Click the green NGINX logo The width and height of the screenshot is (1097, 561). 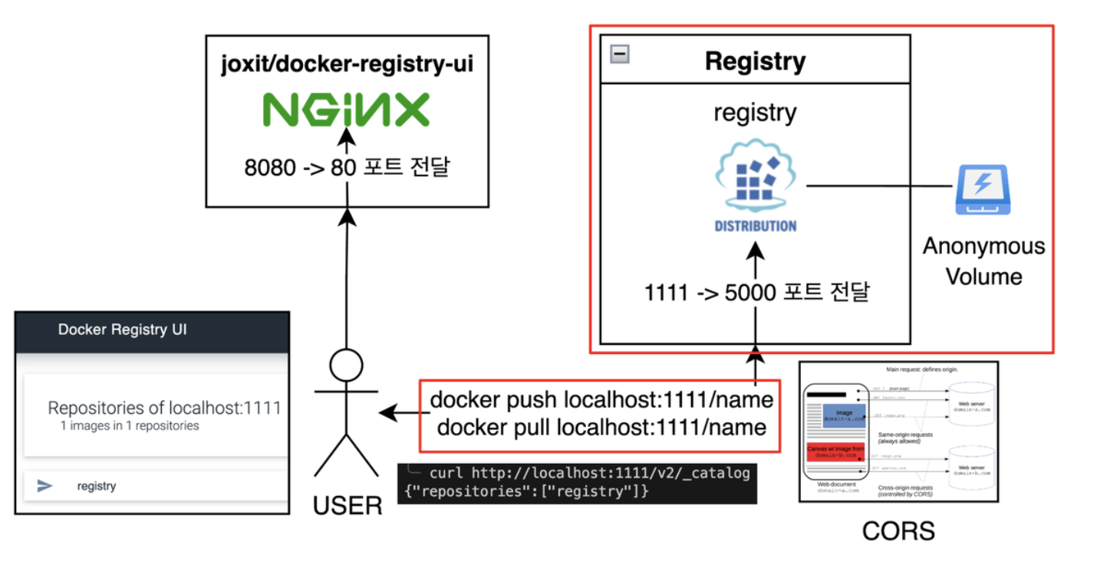[347, 110]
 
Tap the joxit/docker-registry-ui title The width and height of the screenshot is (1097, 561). [347, 64]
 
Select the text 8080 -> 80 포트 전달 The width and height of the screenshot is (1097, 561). [347, 166]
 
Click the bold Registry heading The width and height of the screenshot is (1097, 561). [755, 61]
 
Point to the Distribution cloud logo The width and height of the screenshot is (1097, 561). [755, 179]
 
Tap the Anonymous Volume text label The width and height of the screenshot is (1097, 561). [983, 261]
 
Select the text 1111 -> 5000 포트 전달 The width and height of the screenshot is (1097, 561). [755, 292]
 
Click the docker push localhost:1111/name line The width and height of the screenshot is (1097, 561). [601, 400]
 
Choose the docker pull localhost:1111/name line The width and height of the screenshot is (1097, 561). [601, 427]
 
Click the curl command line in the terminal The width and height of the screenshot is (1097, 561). [589, 473]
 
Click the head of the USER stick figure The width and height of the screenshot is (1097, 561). [346, 364]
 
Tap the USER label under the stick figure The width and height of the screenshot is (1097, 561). [347, 505]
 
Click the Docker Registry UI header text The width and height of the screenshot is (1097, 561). [122, 330]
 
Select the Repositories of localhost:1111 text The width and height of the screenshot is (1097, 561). [164, 408]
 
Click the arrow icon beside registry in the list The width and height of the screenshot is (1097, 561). [45, 485]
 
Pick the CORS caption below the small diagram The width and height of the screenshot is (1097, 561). [898, 530]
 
